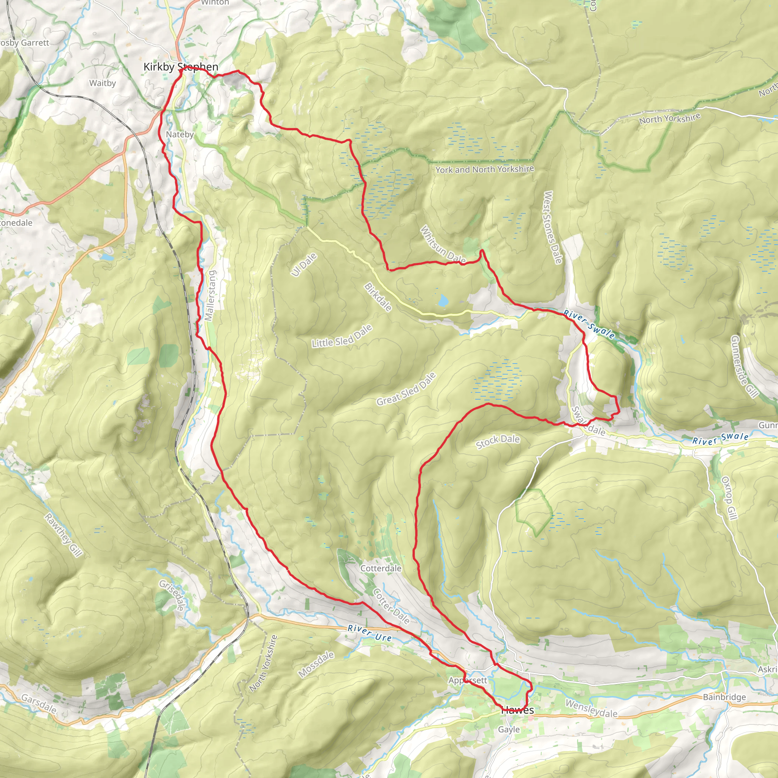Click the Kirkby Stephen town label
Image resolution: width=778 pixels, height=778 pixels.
pyautogui.click(x=181, y=67)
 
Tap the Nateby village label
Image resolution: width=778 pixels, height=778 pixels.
pyautogui.click(x=180, y=134)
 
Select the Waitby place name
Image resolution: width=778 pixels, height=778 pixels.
pyautogui.click(x=102, y=83)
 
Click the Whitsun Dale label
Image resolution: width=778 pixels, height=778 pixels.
pyautogui.click(x=443, y=245)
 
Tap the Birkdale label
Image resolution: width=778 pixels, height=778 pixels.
pyautogui.click(x=378, y=297)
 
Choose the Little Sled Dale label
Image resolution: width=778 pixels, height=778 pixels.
pyautogui.click(x=342, y=337)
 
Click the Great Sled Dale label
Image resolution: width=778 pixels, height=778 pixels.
pyautogui.click(x=406, y=389)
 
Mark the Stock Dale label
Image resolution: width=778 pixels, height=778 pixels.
pyautogui.click(x=498, y=441)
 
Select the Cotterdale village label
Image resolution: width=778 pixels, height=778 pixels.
pyautogui.click(x=381, y=568)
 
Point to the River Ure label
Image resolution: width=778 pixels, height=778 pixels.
pyautogui.click(x=369, y=633)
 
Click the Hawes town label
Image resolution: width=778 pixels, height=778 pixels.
pyautogui.click(x=518, y=710)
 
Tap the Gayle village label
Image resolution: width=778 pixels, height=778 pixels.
pyautogui.click(x=509, y=729)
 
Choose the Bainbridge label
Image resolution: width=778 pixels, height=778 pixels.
pyautogui.click(x=724, y=697)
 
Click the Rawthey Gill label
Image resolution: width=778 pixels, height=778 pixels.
pyautogui.click(x=63, y=535)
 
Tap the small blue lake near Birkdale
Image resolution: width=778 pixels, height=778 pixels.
pyautogui.click(x=443, y=300)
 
